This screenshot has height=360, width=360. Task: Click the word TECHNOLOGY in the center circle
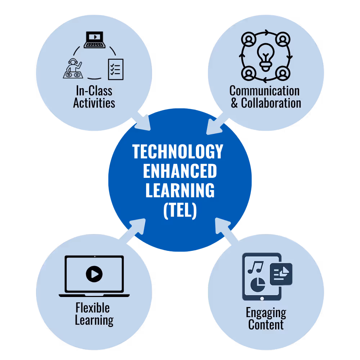point(178,152)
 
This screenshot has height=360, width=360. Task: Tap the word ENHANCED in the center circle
point(180,171)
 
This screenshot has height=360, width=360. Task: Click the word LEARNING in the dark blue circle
point(180,191)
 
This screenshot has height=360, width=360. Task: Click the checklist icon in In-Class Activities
point(116,69)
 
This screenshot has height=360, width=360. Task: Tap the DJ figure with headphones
point(72,68)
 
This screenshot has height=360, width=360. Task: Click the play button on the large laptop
point(94,275)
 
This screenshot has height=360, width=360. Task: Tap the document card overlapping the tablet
point(281,274)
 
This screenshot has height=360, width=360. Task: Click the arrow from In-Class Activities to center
point(142,122)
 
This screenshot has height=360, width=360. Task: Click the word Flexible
point(93,308)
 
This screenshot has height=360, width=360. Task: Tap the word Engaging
point(266,313)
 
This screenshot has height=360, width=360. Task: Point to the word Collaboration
point(271,103)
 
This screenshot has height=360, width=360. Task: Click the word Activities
point(94,103)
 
